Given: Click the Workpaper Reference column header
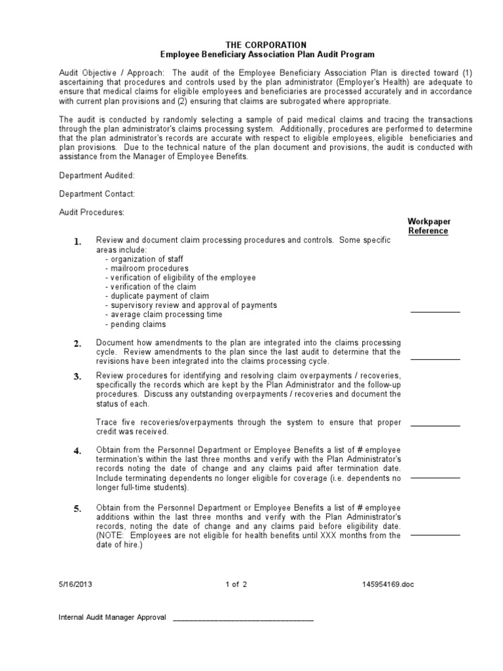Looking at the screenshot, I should pos(428,226).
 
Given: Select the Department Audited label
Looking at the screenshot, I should pos(97,176).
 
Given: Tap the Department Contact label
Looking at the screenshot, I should pos(97,194).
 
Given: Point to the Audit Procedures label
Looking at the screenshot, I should pos(91,212).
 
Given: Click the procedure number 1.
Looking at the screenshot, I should pos(77,242).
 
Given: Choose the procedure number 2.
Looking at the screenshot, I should pos(77,344).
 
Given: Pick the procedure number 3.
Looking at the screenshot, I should pos(77,376).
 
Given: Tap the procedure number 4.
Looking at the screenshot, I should pos(77,451).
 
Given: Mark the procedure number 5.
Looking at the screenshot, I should pos(77,508).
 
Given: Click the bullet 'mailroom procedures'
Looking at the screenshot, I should pos(147,268).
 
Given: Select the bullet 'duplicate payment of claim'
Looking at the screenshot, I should pos(157,296).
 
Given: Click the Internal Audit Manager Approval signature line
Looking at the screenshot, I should pos(243,619).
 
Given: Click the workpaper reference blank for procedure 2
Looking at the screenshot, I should pos(435,358).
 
